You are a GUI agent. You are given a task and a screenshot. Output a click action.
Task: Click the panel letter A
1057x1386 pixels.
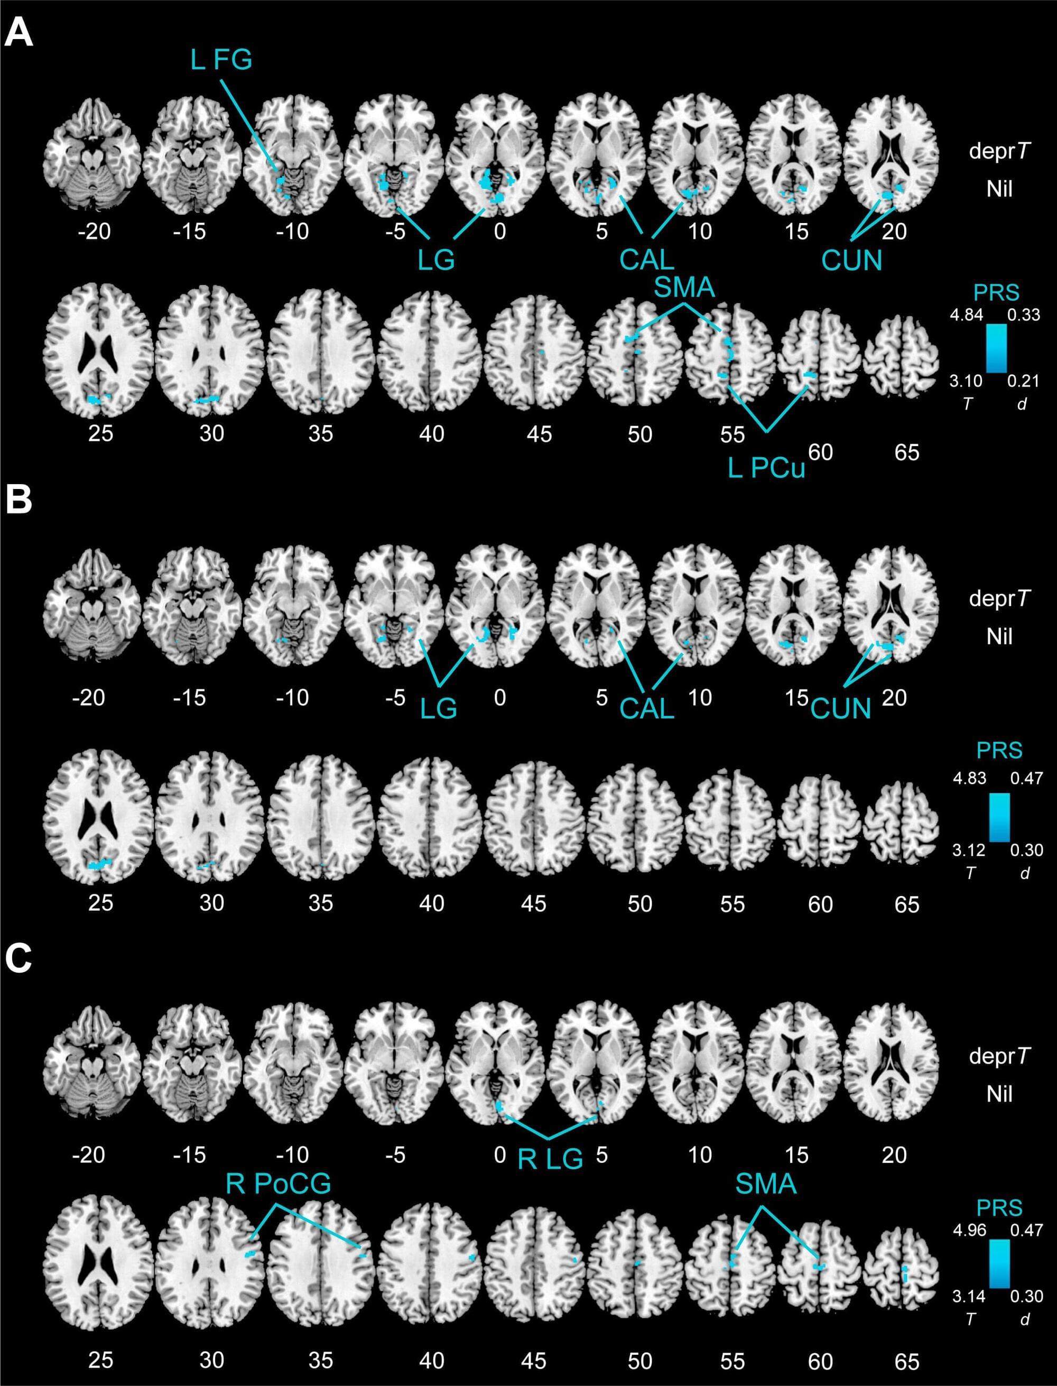(18, 32)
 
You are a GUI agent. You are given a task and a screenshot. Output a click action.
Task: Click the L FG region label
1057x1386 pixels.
(221, 60)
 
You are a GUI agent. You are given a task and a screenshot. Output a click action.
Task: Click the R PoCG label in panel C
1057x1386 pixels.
(278, 1185)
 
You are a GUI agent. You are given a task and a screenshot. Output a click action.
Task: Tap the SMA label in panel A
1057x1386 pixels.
(684, 288)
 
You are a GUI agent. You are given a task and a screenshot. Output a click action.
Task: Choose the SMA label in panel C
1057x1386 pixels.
(766, 1185)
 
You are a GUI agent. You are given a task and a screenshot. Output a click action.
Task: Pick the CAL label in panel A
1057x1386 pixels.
(647, 259)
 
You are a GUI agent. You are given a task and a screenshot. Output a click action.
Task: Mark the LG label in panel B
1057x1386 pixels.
(439, 709)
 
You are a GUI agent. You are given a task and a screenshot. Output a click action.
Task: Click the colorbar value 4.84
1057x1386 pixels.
(967, 314)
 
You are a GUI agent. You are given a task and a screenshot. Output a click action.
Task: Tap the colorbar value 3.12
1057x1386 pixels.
(969, 850)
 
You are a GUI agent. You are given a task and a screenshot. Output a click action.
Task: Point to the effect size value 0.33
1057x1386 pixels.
(1024, 314)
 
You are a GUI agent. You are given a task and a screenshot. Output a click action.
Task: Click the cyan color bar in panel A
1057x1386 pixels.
(996, 348)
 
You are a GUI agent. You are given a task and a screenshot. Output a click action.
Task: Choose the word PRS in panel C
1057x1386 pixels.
(1000, 1207)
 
